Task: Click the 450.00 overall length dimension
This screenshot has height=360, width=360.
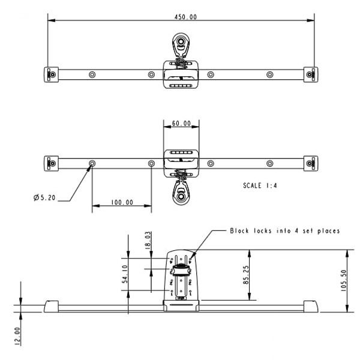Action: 180,16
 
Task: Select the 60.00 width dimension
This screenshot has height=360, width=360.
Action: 181,124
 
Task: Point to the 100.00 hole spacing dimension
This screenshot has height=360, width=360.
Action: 121,203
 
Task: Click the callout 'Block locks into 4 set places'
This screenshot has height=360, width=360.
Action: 284,230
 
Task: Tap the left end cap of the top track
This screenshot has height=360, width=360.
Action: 52,74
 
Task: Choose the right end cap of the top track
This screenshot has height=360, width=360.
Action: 309,74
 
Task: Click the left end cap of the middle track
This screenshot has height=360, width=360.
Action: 52,163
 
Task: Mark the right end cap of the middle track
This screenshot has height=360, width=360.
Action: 309,163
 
